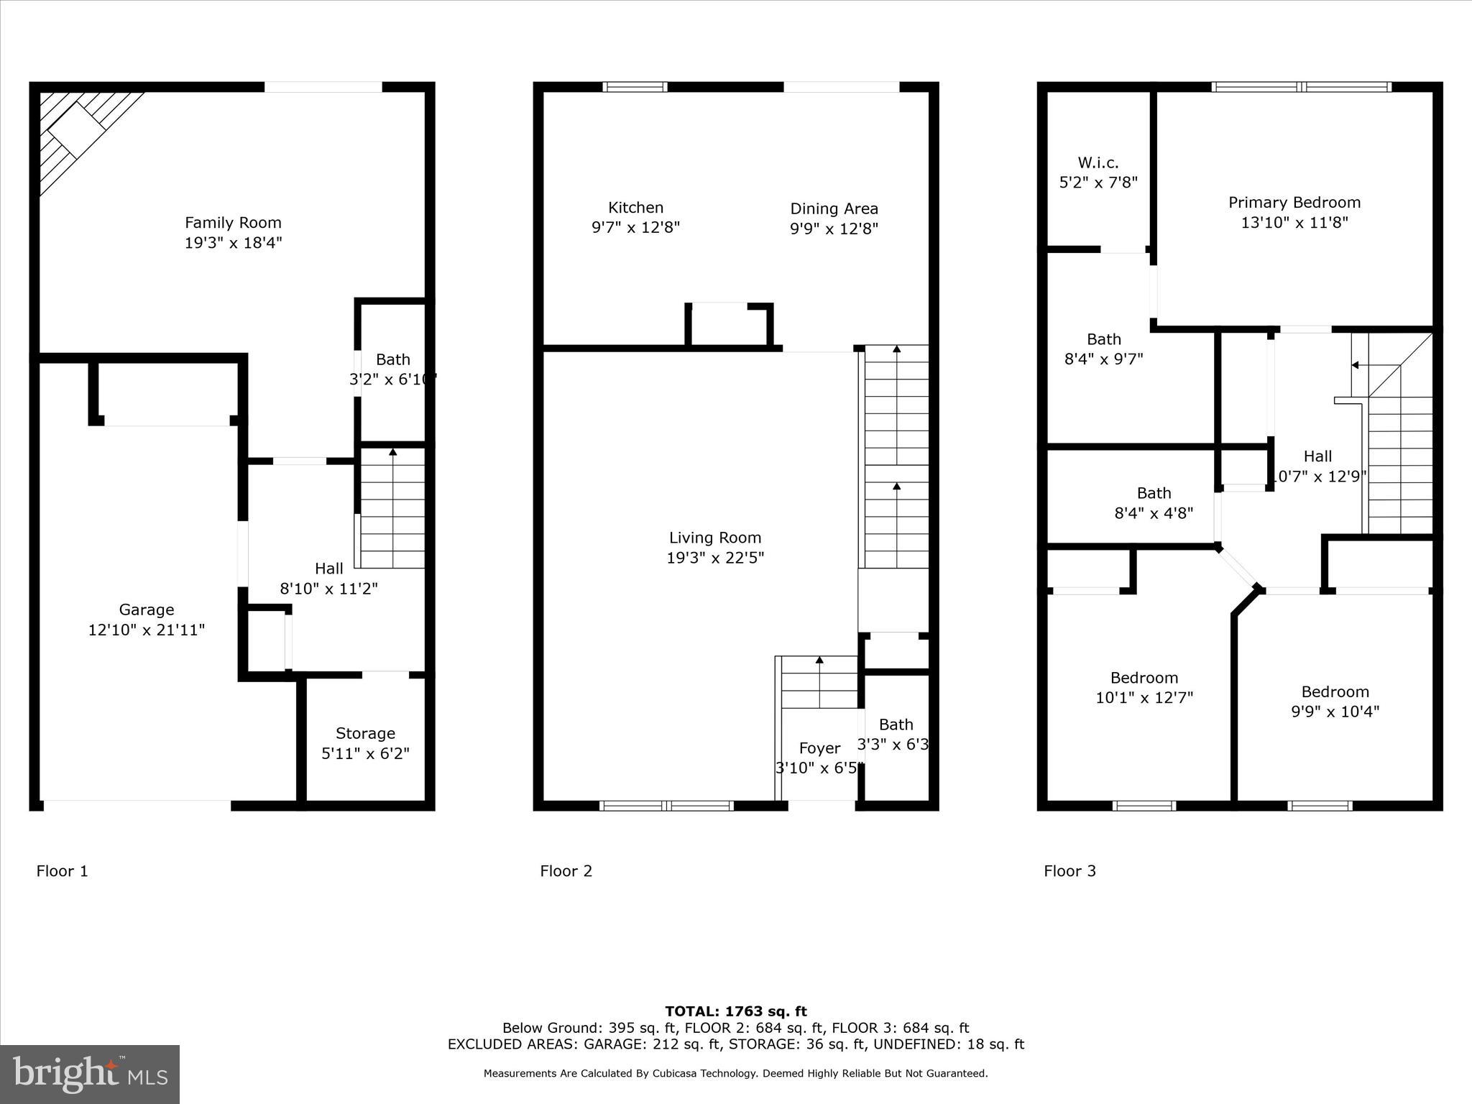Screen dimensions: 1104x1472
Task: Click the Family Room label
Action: pos(233,223)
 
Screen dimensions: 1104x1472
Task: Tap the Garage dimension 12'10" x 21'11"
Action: pos(147,630)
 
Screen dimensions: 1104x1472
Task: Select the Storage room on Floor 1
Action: pos(365,742)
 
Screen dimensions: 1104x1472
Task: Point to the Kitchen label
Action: pos(635,208)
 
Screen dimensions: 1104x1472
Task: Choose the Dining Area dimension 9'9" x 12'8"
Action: pos(834,229)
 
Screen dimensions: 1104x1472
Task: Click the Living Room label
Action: pos(714,538)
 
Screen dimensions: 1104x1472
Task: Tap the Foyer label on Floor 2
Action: pos(819,748)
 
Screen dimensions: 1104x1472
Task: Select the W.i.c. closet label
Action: pos(1098,162)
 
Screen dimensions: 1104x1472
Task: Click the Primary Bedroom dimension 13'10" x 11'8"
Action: pos(1294,223)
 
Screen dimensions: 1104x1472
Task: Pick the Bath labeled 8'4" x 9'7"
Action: pos(1103,349)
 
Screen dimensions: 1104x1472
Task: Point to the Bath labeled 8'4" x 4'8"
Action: pos(1154,502)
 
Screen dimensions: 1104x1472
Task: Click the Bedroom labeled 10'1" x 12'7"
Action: pos(1144,687)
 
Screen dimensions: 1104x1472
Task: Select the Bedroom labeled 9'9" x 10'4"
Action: pos(1335,701)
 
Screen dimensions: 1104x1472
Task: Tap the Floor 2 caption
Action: pos(566,871)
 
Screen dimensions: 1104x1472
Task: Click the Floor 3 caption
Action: pos(1069,871)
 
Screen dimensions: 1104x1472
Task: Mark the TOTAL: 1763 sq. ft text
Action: pos(735,1011)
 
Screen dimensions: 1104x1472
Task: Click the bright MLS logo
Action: pos(90,1074)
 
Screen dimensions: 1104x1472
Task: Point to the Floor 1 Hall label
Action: pos(328,569)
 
